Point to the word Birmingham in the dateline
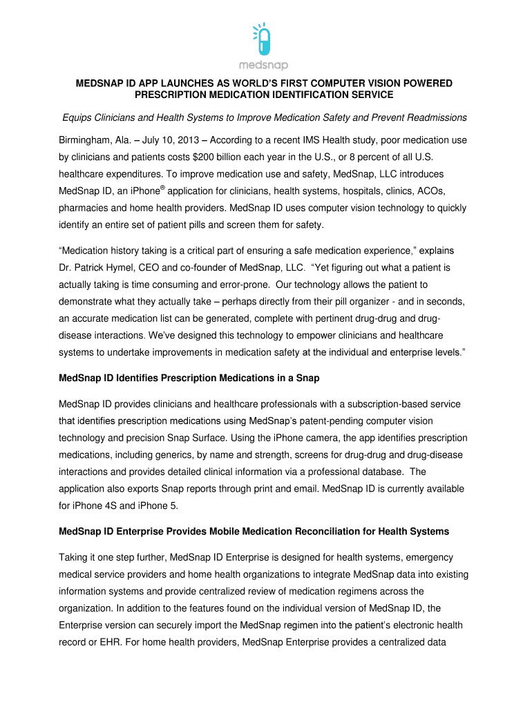86,140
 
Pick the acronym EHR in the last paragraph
106,641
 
